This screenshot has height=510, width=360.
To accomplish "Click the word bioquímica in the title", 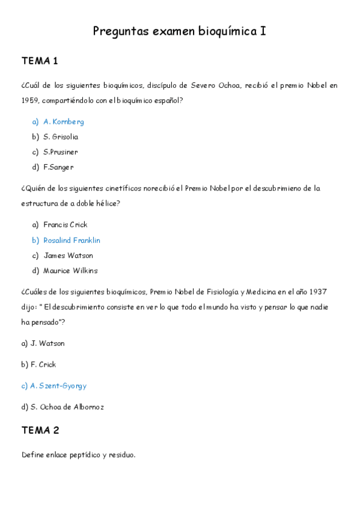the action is click(x=227, y=31).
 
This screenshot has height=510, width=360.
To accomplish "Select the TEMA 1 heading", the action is click(x=40, y=61).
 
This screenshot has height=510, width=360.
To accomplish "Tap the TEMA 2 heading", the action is click(x=40, y=431).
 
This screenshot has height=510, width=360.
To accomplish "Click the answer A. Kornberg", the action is click(x=63, y=121).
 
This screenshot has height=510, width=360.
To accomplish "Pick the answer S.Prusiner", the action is click(x=60, y=152).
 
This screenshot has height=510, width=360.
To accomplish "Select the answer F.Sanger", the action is click(x=58, y=167).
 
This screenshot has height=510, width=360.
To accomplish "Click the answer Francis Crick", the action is click(x=66, y=225).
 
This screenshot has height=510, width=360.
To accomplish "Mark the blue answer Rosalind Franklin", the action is click(x=72, y=240).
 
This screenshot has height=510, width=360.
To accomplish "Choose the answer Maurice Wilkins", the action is click(x=70, y=271).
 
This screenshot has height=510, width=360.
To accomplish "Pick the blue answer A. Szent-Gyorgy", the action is click(x=54, y=386).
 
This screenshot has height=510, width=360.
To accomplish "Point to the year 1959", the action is click(x=29, y=100).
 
